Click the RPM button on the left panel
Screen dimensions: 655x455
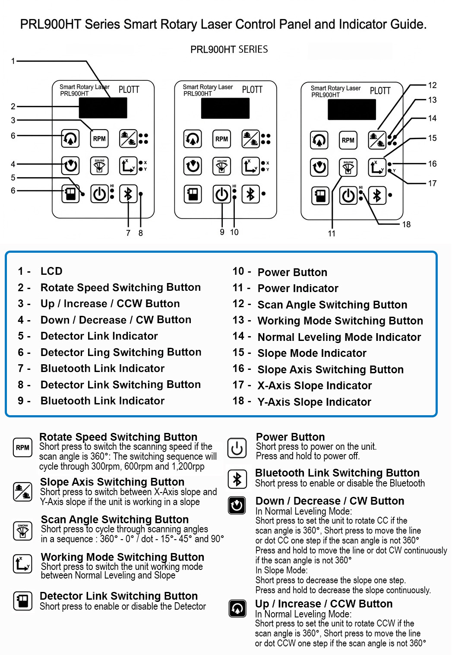[99, 139]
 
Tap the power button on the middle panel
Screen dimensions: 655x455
[222, 194]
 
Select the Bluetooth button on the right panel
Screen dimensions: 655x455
[377, 196]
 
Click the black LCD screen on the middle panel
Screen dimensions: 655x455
[225, 108]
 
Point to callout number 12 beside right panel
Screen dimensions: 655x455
[432, 85]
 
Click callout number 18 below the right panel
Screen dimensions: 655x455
[406, 224]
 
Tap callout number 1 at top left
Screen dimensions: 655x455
[13, 61]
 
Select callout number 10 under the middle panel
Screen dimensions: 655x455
[234, 232]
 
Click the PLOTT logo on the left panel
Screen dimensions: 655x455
[129, 89]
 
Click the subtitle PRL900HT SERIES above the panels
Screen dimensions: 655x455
[229, 49]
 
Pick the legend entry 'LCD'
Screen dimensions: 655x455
[51, 271]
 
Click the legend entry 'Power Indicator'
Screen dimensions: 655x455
[297, 288]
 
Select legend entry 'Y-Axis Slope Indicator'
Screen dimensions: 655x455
[314, 402]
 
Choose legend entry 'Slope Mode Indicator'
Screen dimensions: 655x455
[312, 353]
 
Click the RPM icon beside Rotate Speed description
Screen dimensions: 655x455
[22, 448]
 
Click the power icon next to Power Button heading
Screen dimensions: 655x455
[237, 448]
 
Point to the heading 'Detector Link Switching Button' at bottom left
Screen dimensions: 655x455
[119, 596]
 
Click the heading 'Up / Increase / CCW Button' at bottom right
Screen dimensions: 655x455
[324, 604]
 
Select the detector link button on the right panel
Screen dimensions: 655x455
[320, 196]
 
